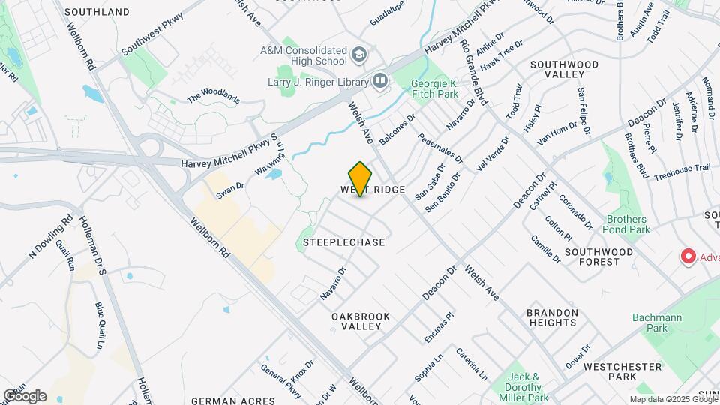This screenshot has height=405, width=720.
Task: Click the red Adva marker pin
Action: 688,256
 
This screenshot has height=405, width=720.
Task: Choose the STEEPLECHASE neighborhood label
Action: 344,242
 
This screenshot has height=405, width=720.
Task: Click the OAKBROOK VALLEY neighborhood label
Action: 361,321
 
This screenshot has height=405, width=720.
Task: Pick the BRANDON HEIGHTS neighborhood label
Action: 552,317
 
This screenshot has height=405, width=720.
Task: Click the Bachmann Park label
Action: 656,322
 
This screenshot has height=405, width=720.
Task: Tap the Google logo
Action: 25,396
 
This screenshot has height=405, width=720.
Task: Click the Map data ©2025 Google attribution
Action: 672,399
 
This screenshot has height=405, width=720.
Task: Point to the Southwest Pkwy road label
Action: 154,35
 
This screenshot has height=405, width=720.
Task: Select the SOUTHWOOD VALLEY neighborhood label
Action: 564,70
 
